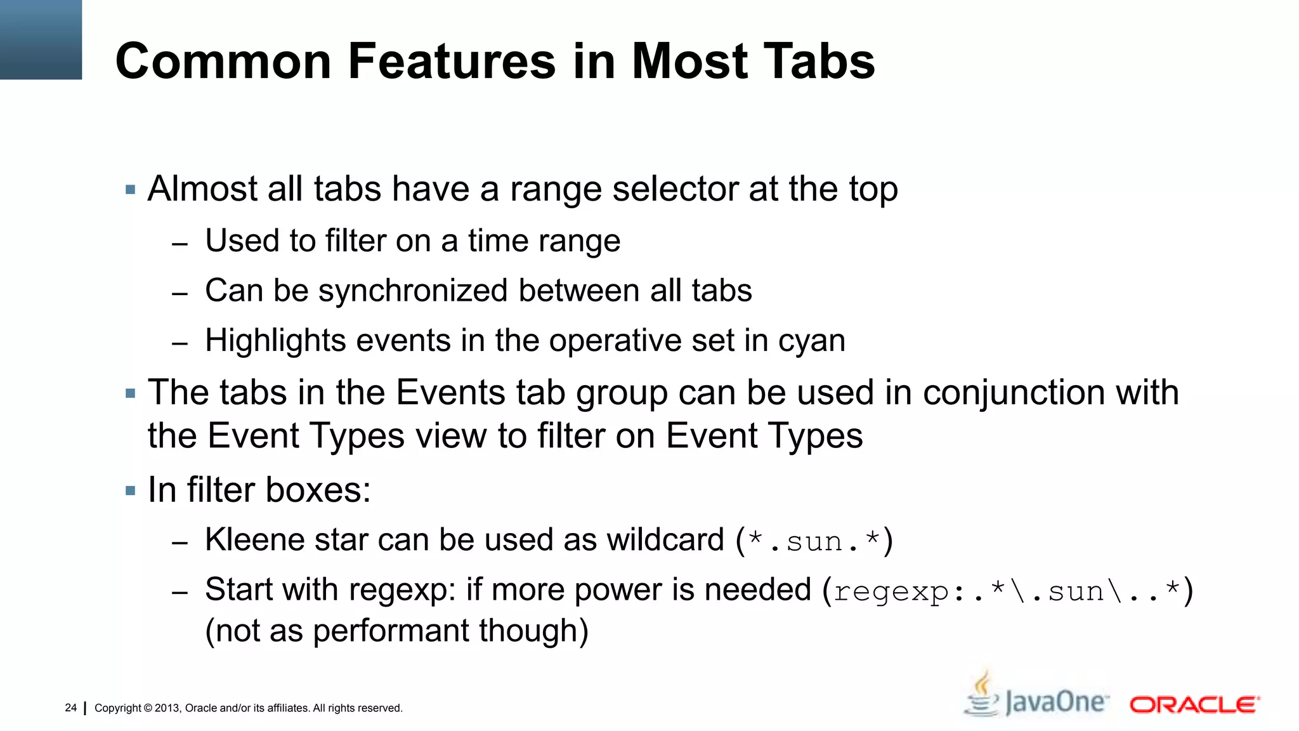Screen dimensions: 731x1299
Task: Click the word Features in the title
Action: (x=452, y=62)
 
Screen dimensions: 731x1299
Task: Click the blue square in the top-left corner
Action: (x=41, y=39)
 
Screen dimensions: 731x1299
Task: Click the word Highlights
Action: (x=275, y=341)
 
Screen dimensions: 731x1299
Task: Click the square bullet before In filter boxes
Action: (x=131, y=491)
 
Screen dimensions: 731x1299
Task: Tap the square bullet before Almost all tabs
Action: (x=131, y=189)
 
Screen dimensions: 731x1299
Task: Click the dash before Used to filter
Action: (x=180, y=244)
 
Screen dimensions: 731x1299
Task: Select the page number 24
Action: (x=70, y=708)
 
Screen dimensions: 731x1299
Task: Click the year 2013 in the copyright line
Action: (x=167, y=708)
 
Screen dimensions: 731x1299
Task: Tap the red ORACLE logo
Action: (x=1194, y=704)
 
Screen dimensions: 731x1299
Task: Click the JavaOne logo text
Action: (x=1057, y=702)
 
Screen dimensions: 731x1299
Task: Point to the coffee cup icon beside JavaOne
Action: (x=982, y=695)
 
